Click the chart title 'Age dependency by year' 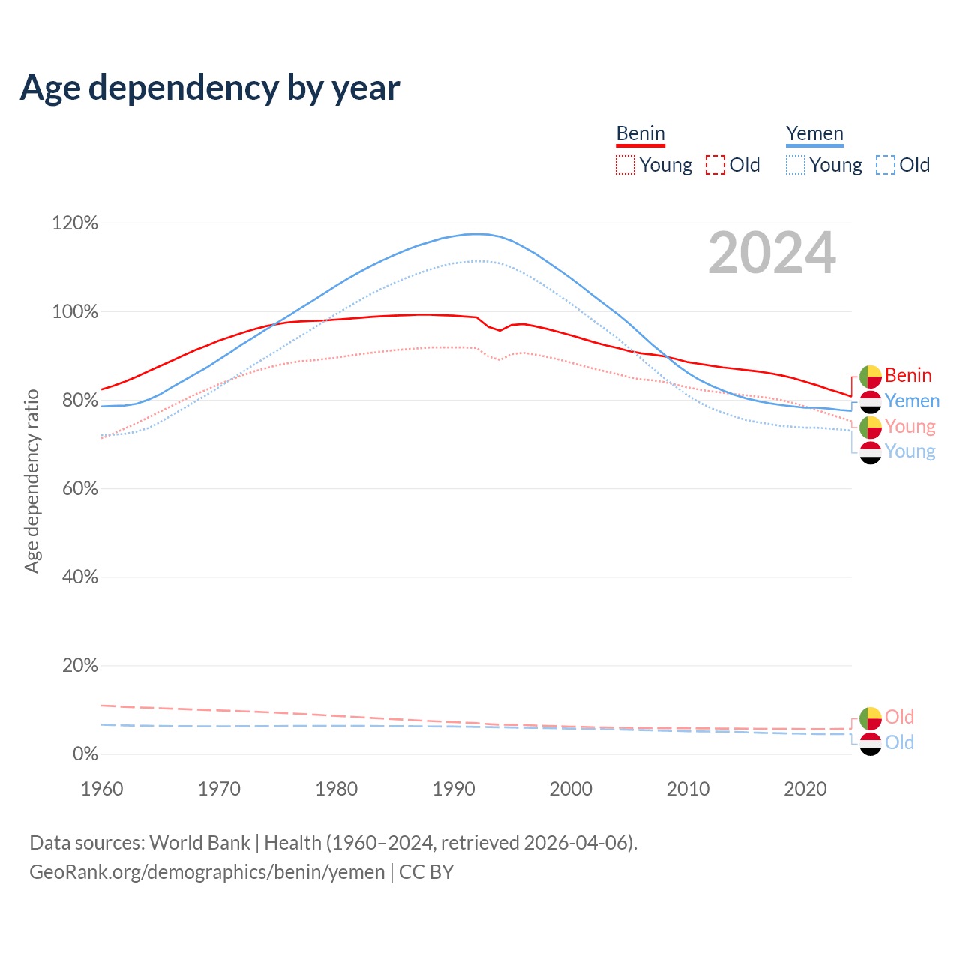pyautogui.click(x=210, y=88)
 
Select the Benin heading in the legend pyautogui.click(x=640, y=133)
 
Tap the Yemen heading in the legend pyautogui.click(x=814, y=133)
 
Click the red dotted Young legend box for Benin pyautogui.click(x=625, y=165)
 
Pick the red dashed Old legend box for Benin pyautogui.click(x=715, y=165)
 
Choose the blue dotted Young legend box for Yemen pyautogui.click(x=796, y=165)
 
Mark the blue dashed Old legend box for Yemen pyautogui.click(x=886, y=165)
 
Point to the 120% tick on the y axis pyautogui.click(x=75, y=223)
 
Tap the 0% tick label pyautogui.click(x=85, y=754)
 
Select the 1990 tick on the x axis pyautogui.click(x=454, y=789)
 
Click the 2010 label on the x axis pyautogui.click(x=688, y=789)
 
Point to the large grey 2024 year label pyautogui.click(x=772, y=253)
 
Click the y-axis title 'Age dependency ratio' pyautogui.click(x=31, y=481)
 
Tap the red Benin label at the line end pyautogui.click(x=908, y=375)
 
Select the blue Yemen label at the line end pyautogui.click(x=912, y=400)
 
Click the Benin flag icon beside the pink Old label pyautogui.click(x=871, y=718)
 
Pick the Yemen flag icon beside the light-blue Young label pyautogui.click(x=871, y=452)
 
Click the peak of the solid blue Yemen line pyautogui.click(x=476, y=234)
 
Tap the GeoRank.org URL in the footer pyautogui.click(x=207, y=872)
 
